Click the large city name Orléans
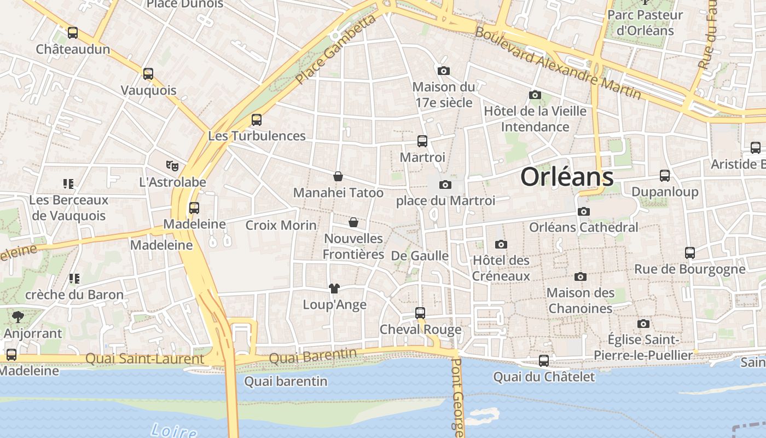pos(566,177)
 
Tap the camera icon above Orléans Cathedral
pos(584,211)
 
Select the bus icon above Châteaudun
pos(73,33)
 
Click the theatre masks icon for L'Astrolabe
pos(172,165)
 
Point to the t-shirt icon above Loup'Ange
pos(334,289)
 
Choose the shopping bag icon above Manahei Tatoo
pos(338,176)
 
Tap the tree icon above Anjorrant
pos(18,316)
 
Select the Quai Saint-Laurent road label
pos(144,359)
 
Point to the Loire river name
pos(173,430)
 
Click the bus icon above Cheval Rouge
pos(420,313)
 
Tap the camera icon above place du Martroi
pos(445,185)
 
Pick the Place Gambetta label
pos(336,49)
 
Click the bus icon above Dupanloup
pos(665,176)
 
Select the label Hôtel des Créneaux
pos(501,268)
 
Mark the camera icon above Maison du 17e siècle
pos(444,71)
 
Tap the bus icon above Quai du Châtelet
pos(544,361)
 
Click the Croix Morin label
pos(281,225)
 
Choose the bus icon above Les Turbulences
pos(257,119)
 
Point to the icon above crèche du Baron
pos(74,279)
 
